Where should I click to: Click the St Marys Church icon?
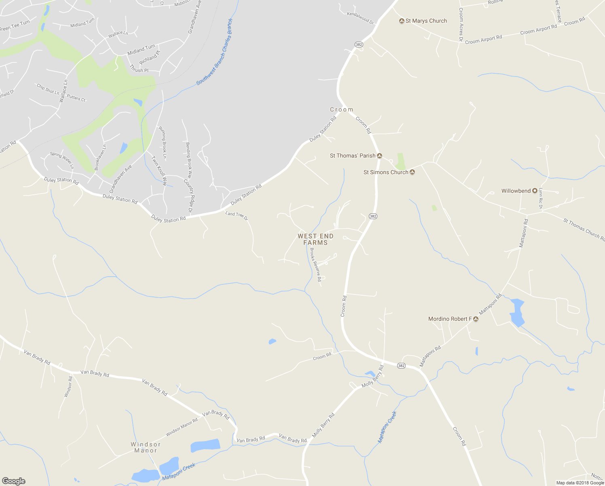click(x=402, y=21)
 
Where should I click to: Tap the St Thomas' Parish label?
click(x=353, y=156)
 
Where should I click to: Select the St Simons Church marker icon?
click(x=412, y=172)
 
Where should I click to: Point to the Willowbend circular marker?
click(x=535, y=191)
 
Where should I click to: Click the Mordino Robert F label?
click(x=450, y=319)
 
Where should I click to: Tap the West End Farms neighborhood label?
click(x=315, y=239)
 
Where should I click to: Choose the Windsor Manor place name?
click(x=146, y=448)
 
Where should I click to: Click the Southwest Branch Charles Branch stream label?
click(x=215, y=52)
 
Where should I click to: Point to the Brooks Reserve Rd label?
click(x=315, y=264)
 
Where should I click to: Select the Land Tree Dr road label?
click(x=237, y=215)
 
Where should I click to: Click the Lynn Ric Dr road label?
click(x=540, y=198)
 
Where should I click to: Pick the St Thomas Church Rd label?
click(x=584, y=230)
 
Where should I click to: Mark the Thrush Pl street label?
click(x=139, y=69)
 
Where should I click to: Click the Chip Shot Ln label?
click(x=48, y=89)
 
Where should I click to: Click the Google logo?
click(x=13, y=481)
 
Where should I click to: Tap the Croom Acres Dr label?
click(x=461, y=24)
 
